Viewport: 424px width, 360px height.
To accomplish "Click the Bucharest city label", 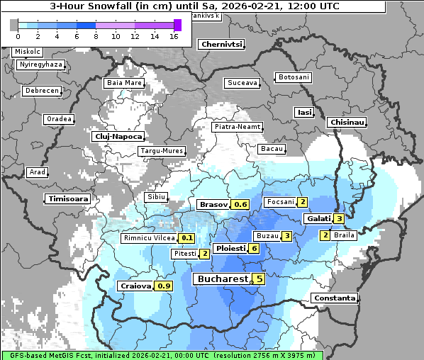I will [223, 279].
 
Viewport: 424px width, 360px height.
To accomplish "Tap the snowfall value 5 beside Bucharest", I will [260, 279].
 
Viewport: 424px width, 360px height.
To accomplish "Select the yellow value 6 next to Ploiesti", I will [254, 249].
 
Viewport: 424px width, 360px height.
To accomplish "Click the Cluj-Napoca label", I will [118, 136].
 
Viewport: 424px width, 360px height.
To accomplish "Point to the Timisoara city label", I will [68, 199].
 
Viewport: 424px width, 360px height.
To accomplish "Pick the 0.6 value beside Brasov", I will [240, 205].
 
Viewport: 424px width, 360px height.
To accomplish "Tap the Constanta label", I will [334, 298].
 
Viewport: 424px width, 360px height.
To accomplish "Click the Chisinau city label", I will [347, 123].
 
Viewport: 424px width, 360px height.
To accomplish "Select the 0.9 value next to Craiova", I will [164, 286].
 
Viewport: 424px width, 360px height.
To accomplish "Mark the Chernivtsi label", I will [222, 44].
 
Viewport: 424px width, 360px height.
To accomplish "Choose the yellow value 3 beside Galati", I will [339, 219].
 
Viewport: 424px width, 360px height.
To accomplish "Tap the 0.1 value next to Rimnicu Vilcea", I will [186, 238].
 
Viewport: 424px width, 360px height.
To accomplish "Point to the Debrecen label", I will [40, 91].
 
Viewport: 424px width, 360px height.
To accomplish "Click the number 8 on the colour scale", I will [96, 37].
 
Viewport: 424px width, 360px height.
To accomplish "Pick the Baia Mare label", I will [124, 83].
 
